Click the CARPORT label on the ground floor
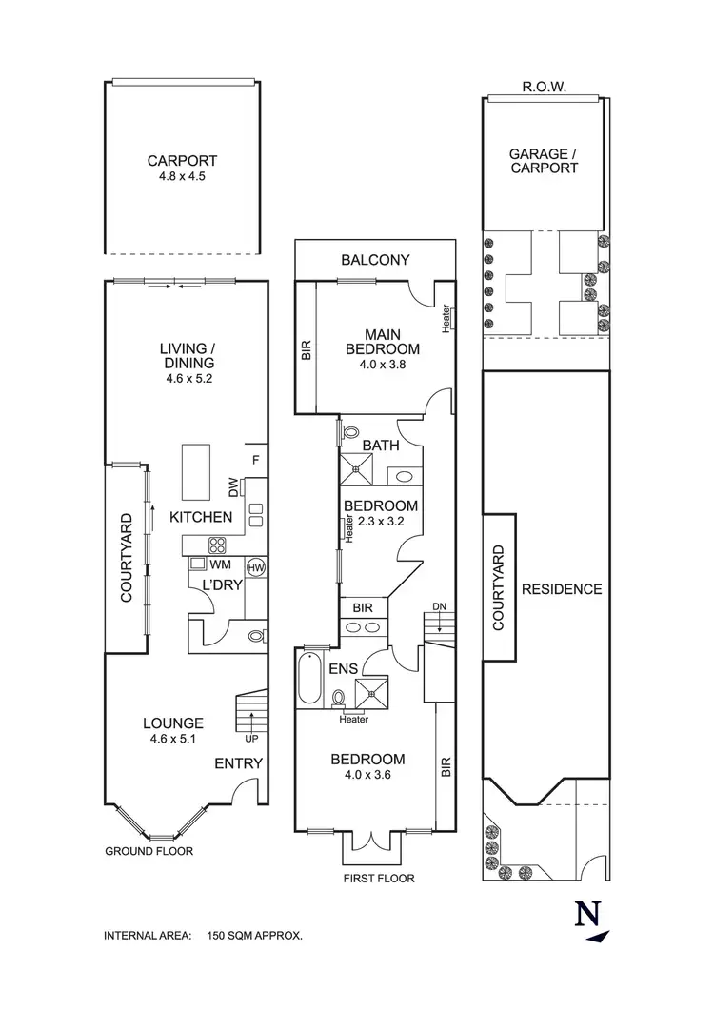tap(182, 161)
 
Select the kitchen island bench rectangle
tap(198, 470)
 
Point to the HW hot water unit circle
tap(254, 568)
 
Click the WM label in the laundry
tap(222, 565)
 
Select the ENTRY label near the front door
tap(238, 762)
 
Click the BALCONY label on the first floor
tap(375, 259)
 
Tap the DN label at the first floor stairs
tap(438, 605)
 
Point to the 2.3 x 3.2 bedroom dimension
tap(381, 521)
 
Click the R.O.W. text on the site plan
tap(545, 87)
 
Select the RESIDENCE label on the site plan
tap(562, 589)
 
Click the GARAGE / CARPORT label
tap(544, 160)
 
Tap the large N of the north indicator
tap(587, 914)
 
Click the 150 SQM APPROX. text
tap(255, 936)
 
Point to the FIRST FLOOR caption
tap(379, 878)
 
